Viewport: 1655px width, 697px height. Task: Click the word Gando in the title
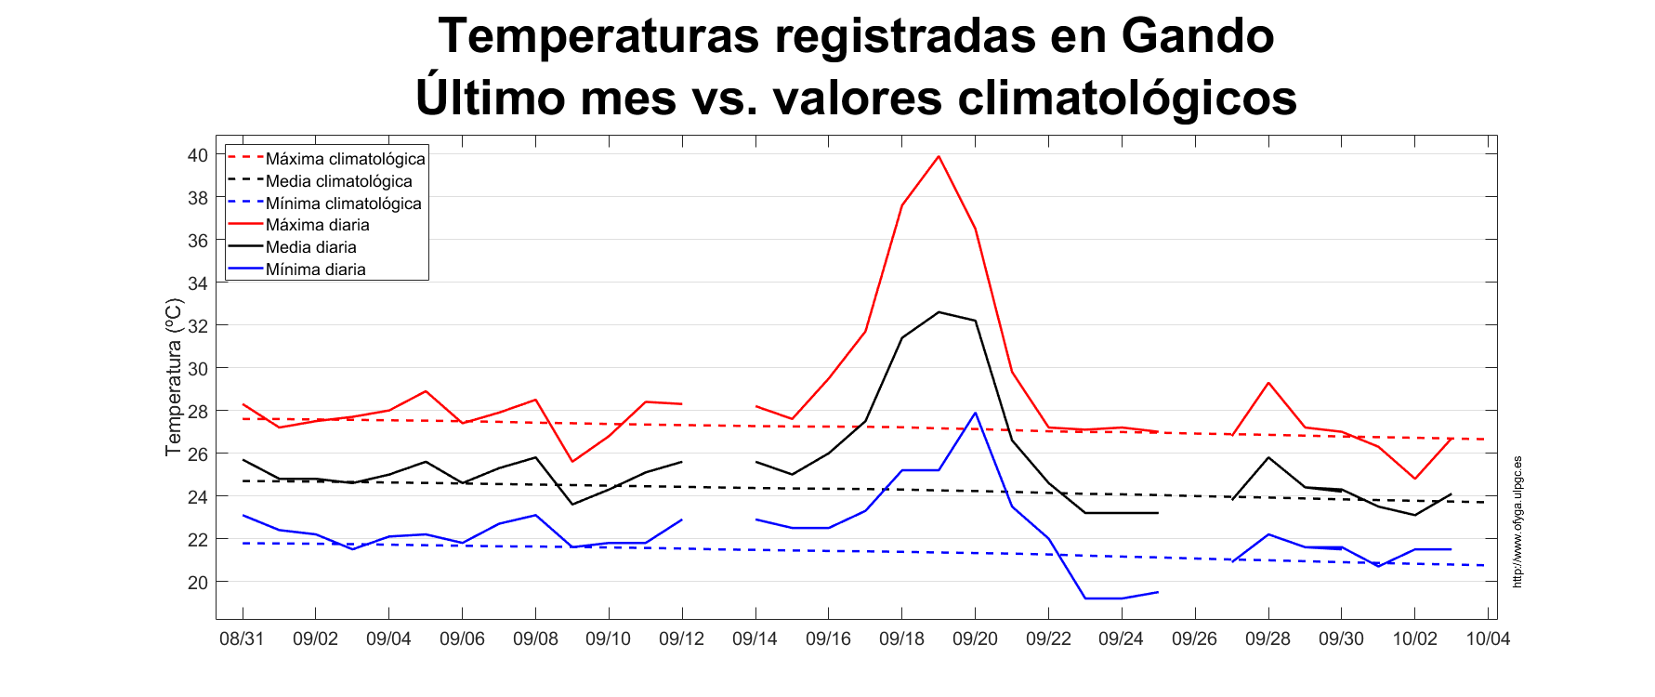(1197, 37)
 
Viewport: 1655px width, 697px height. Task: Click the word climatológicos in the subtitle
(1126, 98)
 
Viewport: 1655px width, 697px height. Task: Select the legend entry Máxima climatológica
(345, 159)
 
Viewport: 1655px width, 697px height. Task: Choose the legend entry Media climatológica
(338, 181)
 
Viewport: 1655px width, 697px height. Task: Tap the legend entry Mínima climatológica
(343, 204)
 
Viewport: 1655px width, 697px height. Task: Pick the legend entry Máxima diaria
(317, 225)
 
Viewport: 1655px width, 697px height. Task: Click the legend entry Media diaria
(310, 247)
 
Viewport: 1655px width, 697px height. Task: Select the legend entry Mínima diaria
(315, 270)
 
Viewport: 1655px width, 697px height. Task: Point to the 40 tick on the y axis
(198, 155)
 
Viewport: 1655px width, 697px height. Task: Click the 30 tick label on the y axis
(198, 369)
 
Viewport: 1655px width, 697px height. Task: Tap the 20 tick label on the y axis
(198, 583)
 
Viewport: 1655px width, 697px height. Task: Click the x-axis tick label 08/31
(242, 639)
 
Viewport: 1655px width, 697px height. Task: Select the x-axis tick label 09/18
(901, 639)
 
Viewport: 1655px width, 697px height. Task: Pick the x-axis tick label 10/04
(1488, 639)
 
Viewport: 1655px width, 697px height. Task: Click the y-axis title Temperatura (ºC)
(173, 377)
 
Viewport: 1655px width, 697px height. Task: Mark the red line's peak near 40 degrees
(939, 156)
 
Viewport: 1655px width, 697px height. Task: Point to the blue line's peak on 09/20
(975, 413)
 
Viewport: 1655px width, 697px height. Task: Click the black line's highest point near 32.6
(939, 312)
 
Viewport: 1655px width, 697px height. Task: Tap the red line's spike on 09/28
(1268, 383)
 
